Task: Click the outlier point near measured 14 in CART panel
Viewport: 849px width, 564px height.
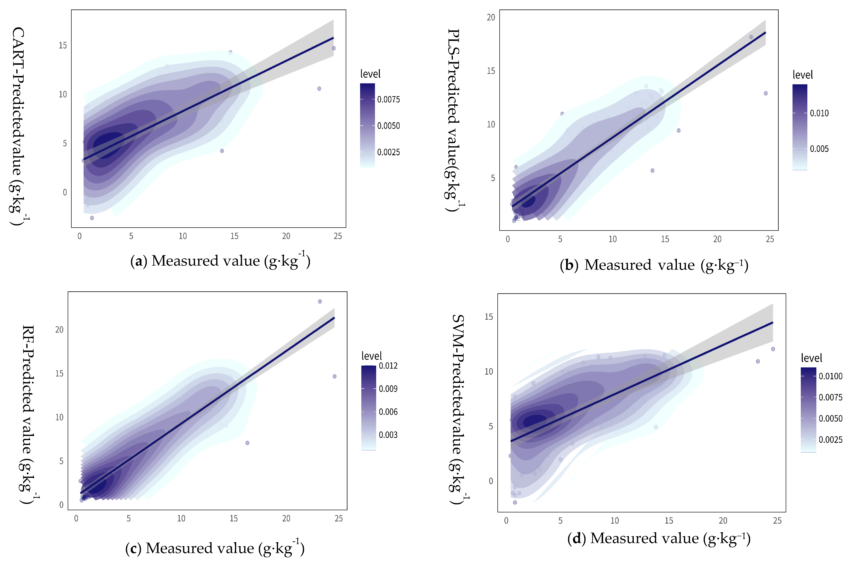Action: [x=222, y=151]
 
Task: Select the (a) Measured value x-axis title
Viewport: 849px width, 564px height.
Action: [x=220, y=260]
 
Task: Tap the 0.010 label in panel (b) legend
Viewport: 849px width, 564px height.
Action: [x=819, y=113]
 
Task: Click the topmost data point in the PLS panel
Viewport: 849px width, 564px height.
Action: [x=751, y=37]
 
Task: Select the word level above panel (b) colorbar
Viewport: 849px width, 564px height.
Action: [x=802, y=75]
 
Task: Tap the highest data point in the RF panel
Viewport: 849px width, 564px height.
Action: [x=320, y=301]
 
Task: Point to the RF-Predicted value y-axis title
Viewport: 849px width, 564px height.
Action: [x=28, y=414]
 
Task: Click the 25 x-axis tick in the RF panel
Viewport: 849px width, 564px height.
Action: [x=338, y=518]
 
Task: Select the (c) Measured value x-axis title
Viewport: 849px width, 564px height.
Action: [x=215, y=548]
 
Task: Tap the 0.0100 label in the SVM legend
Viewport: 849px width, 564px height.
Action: [x=830, y=376]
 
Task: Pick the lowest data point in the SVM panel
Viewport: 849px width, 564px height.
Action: [x=515, y=502]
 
